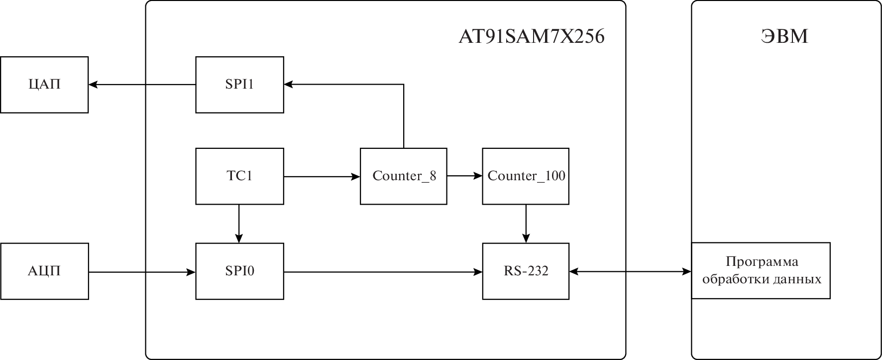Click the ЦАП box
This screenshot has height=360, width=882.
pyautogui.click(x=44, y=85)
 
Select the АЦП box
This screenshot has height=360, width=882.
pyautogui.click(x=44, y=271)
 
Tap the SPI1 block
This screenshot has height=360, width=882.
pyautogui.click(x=239, y=85)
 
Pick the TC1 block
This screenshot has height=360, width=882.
pyautogui.click(x=239, y=176)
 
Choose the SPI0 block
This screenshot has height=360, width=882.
pyautogui.click(x=239, y=271)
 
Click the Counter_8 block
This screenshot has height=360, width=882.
pyautogui.click(x=404, y=176)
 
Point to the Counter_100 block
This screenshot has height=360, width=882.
pyautogui.click(x=526, y=176)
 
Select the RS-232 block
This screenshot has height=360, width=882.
pyautogui.click(x=526, y=271)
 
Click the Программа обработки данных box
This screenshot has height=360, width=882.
pyautogui.click(x=761, y=270)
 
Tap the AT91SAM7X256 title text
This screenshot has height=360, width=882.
pyautogui.click(x=531, y=37)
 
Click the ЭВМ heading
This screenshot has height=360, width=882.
pyautogui.click(x=785, y=37)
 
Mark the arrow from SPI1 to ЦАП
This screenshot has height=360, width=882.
pyautogui.click(x=142, y=85)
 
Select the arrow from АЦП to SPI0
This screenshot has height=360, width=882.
pyautogui.click(x=142, y=272)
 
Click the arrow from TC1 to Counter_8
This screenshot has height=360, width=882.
pyautogui.click(x=322, y=176)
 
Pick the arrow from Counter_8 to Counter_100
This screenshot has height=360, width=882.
pyautogui.click(x=464, y=176)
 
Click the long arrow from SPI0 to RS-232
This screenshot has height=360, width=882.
pyautogui.click(x=383, y=272)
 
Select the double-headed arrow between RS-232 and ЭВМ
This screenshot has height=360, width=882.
pyautogui.click(x=630, y=272)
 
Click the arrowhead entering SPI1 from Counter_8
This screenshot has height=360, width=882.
pyautogui.click(x=289, y=85)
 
